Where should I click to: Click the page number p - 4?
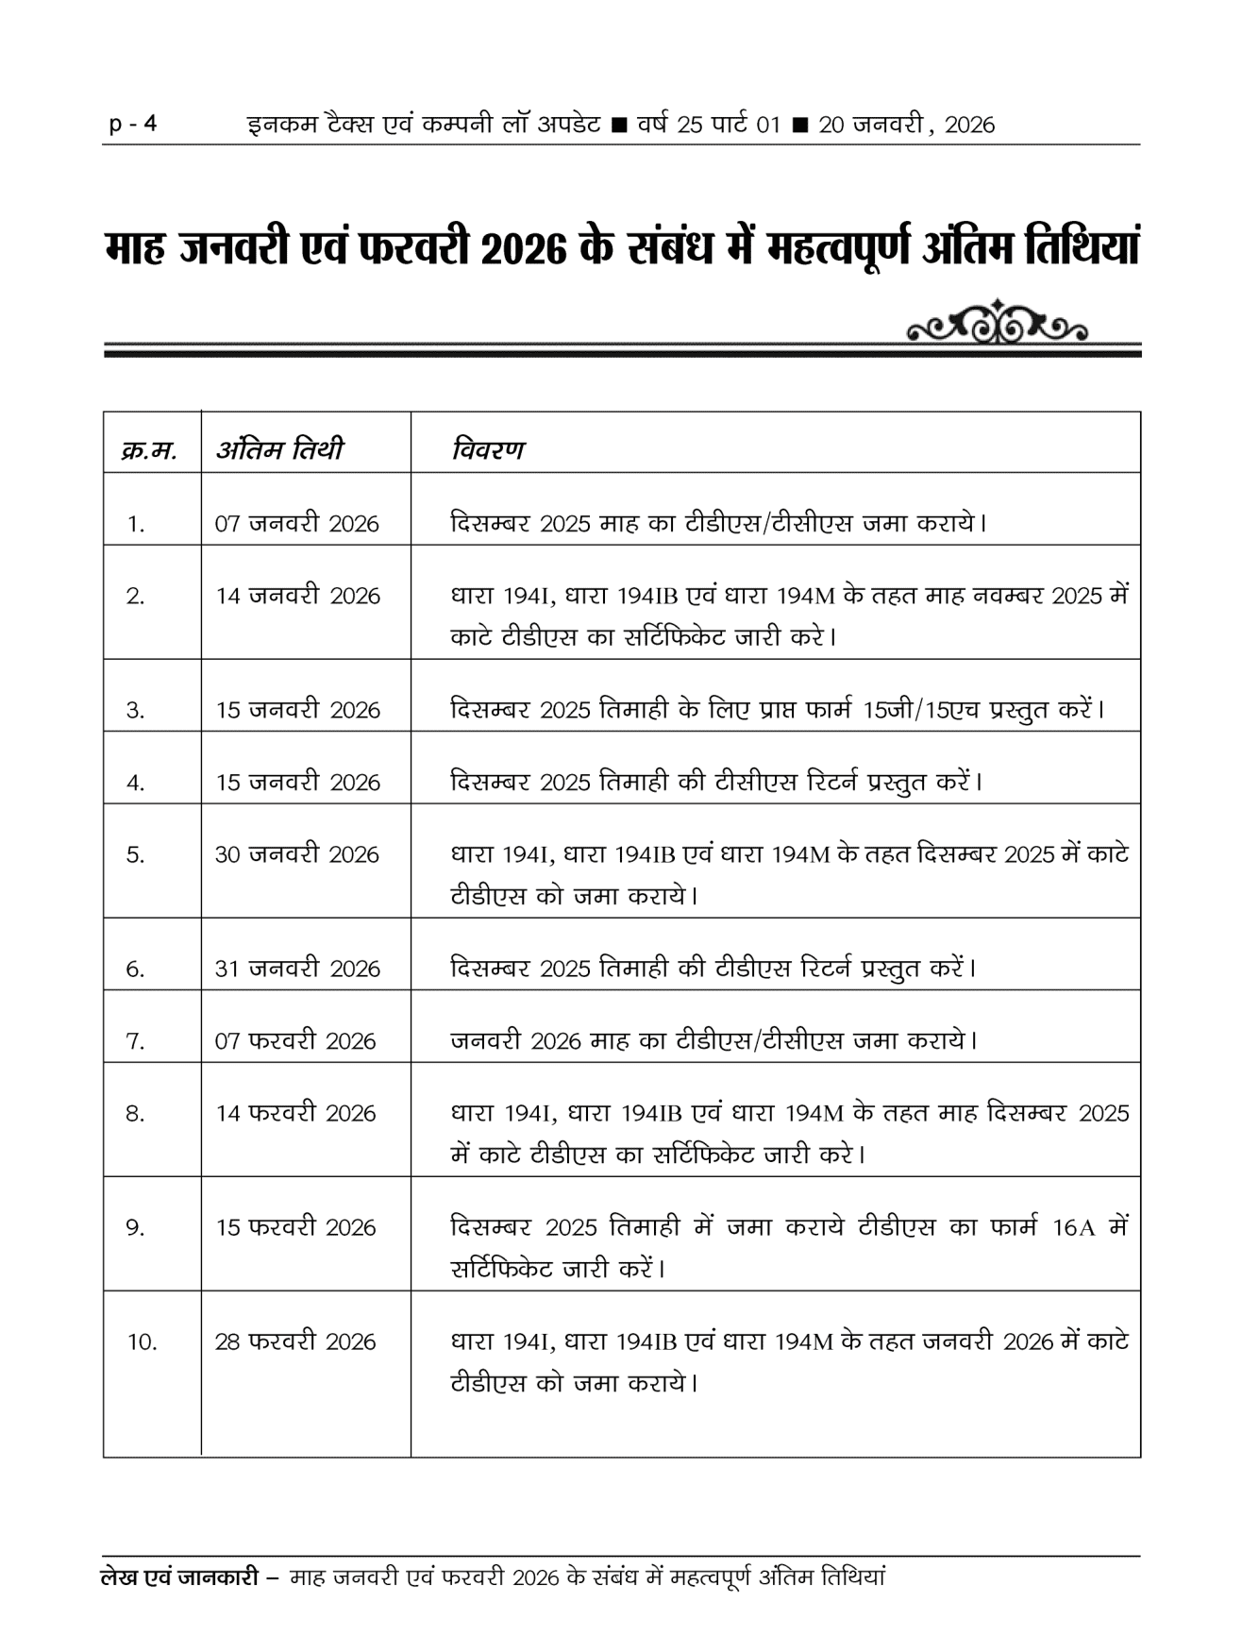pos(133,124)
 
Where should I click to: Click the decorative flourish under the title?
pos(996,324)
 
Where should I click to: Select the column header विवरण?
pos(487,448)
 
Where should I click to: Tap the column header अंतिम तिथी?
pos(280,448)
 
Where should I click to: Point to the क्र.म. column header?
pos(149,450)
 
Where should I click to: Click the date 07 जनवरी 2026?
pos(296,523)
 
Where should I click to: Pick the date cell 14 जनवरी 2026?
pos(296,596)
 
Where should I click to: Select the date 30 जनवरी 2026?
pos(296,854)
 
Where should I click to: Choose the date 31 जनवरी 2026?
pos(296,969)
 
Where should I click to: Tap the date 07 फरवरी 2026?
pos(294,1040)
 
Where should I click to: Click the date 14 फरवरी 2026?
pos(294,1113)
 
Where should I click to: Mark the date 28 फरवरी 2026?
pos(294,1341)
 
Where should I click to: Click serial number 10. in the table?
pos(143,1341)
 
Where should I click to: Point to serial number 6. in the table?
pos(136,969)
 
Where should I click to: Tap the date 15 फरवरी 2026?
pos(294,1227)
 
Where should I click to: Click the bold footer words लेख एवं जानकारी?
pos(178,1577)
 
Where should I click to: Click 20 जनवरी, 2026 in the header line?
pos(906,125)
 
